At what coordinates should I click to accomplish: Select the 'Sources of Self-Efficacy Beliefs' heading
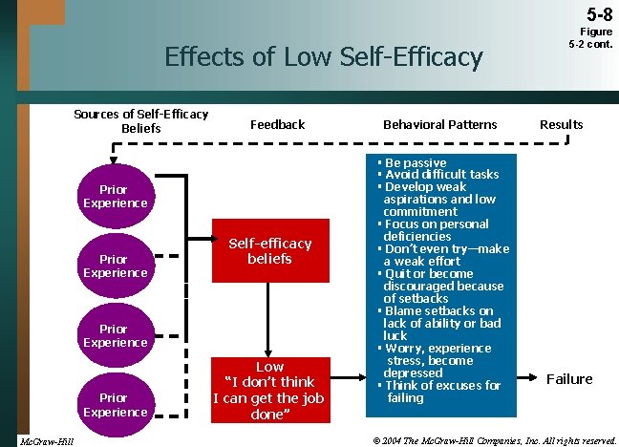click(x=141, y=121)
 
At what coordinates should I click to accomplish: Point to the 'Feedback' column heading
click(x=277, y=124)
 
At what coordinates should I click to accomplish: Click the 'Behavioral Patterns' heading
click(x=439, y=124)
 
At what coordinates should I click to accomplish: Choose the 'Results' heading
click(x=561, y=124)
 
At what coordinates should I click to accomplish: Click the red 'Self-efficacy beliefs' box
click(x=269, y=251)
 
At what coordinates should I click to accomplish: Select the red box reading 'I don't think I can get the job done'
click(x=269, y=391)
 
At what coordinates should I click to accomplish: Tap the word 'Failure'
click(x=568, y=379)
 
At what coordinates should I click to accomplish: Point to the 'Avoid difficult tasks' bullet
click(x=440, y=175)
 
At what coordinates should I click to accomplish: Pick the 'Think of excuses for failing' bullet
click(x=440, y=392)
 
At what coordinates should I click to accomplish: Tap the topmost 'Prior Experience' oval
click(x=115, y=196)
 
